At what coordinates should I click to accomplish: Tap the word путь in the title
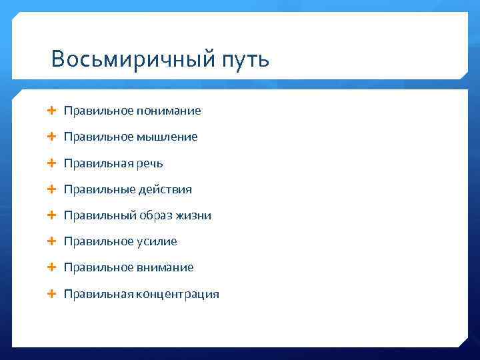[242, 61]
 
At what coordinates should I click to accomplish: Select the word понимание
[169, 111]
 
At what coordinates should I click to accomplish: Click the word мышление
[167, 137]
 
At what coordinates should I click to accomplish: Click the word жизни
[194, 215]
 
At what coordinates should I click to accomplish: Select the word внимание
[165, 267]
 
